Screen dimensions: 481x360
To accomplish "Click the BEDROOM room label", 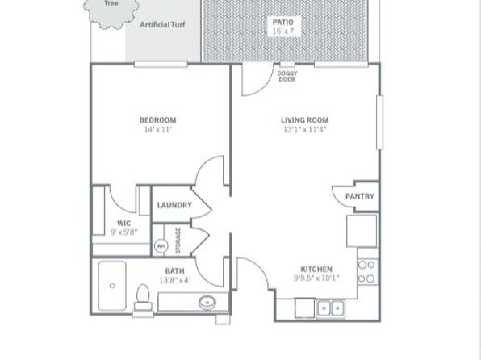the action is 157,120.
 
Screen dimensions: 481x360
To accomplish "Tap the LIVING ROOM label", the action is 304,120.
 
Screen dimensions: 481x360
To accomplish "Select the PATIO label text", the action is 283,22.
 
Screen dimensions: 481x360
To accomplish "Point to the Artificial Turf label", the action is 162,24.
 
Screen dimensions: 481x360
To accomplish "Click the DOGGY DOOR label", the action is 287,77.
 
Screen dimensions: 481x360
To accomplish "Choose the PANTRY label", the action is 359,196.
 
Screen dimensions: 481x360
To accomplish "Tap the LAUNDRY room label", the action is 174,205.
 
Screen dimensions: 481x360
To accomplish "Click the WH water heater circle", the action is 161,246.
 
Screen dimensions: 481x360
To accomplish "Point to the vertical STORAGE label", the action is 178,241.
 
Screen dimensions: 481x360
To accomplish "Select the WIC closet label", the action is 123,223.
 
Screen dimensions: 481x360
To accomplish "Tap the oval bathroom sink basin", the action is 207,303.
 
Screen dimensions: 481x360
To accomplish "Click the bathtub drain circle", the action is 112,286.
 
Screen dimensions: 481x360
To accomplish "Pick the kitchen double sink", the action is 331,308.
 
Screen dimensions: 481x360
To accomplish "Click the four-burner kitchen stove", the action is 367,271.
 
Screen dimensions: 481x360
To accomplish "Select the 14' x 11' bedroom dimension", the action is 157,129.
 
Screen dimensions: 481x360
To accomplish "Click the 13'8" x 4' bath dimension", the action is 175,280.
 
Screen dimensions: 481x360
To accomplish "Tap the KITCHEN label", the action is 316,269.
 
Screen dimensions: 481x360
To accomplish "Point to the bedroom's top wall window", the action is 161,64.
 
